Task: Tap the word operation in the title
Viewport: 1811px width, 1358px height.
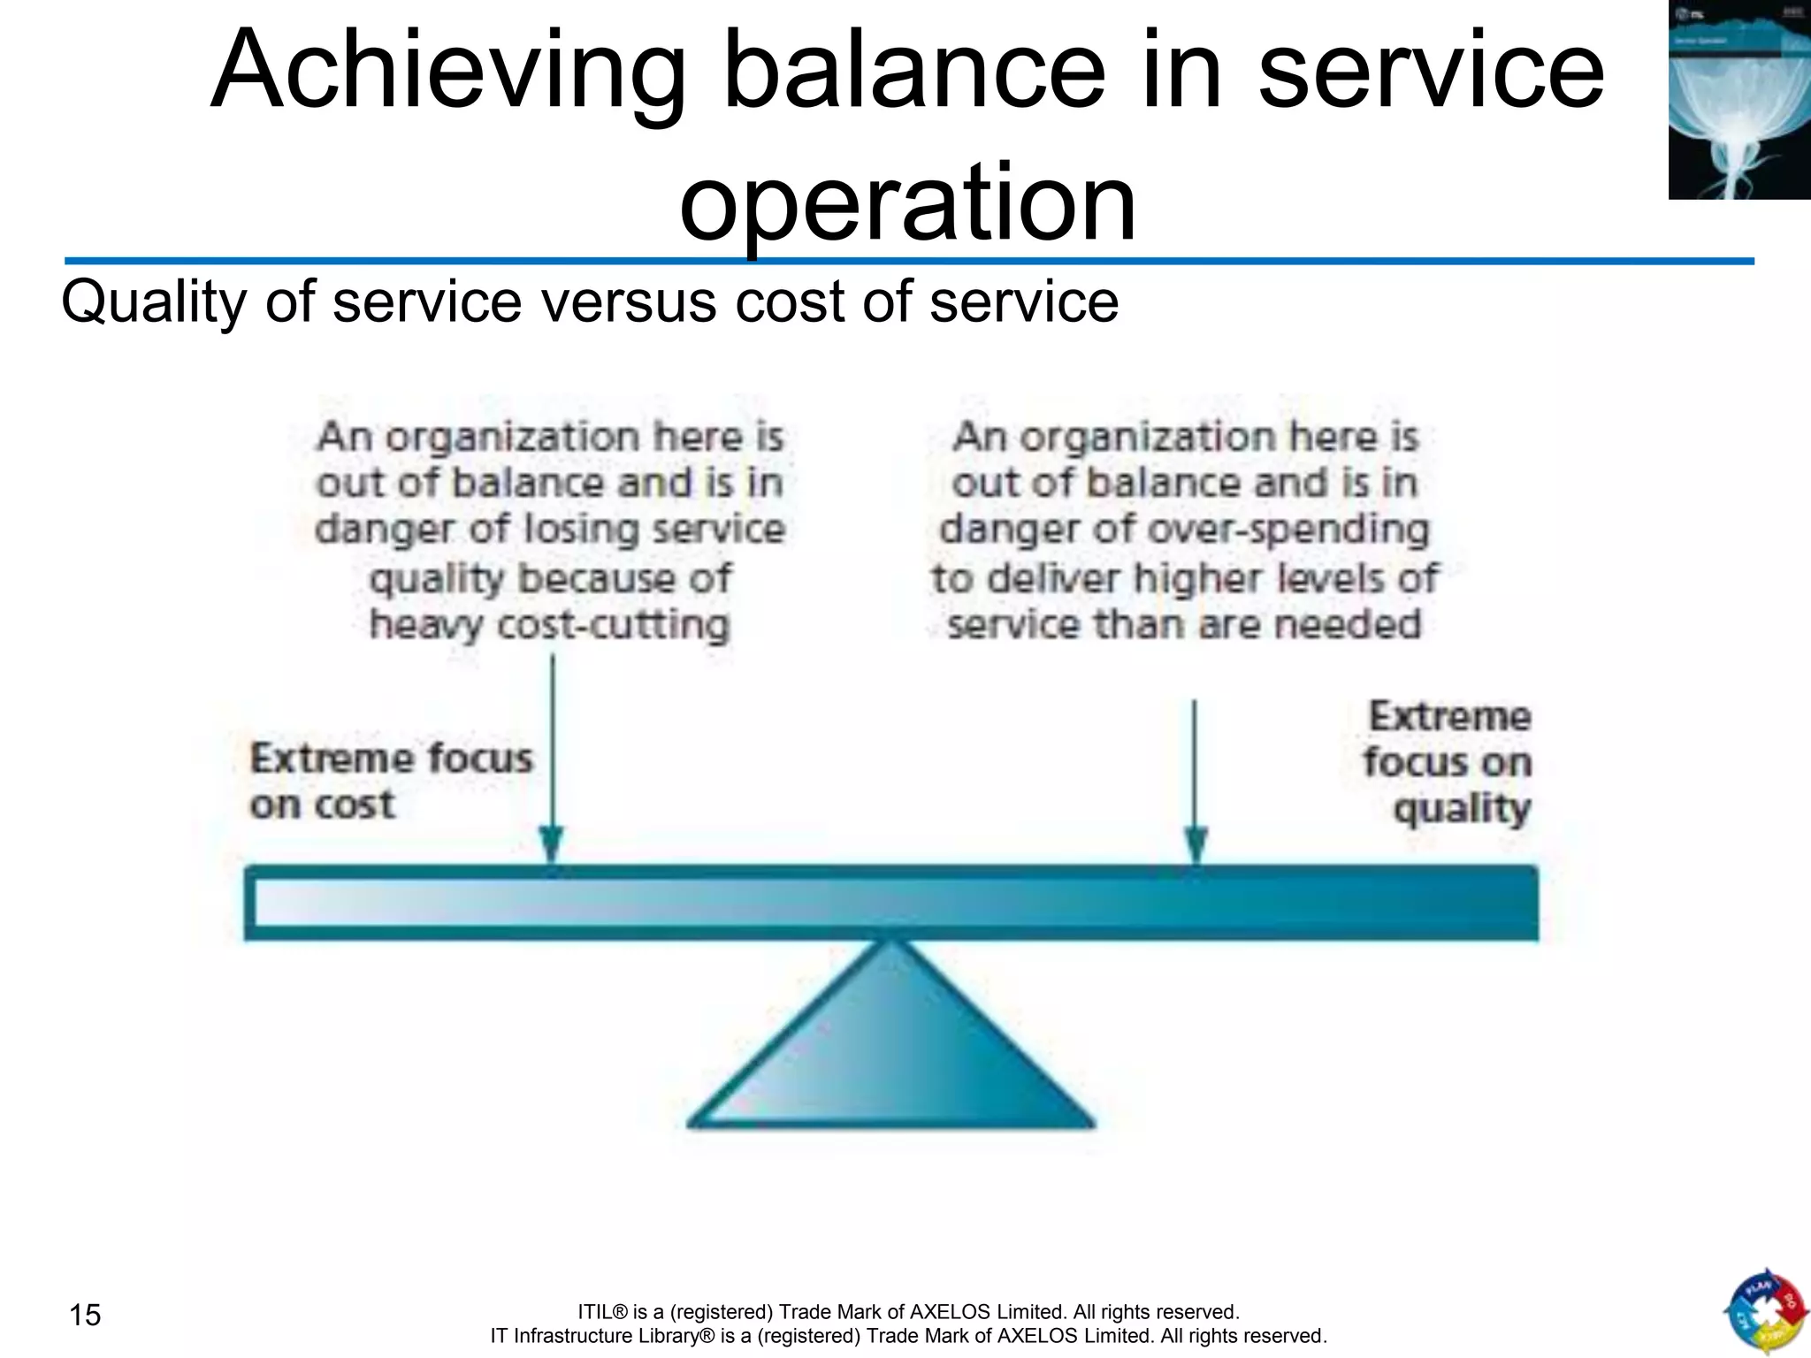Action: pyautogui.click(x=907, y=202)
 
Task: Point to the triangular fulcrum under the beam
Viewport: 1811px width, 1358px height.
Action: pyautogui.click(x=891, y=1052)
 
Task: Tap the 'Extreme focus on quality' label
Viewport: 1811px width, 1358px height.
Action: pyautogui.click(x=1448, y=762)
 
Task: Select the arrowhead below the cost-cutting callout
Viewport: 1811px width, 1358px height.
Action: pyautogui.click(x=552, y=844)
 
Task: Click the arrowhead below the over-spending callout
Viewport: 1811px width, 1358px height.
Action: pyautogui.click(x=1196, y=844)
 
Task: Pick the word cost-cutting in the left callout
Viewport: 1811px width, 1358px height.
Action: pyautogui.click(x=614, y=625)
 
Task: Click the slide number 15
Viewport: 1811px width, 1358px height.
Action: pyautogui.click(x=86, y=1316)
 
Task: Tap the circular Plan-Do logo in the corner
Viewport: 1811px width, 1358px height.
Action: pyautogui.click(x=1763, y=1312)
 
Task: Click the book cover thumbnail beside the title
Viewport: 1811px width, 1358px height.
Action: pyautogui.click(x=1738, y=100)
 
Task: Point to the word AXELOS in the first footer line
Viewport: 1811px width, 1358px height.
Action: pyautogui.click(x=950, y=1312)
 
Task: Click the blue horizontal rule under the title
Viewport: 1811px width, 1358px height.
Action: pyautogui.click(x=909, y=262)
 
